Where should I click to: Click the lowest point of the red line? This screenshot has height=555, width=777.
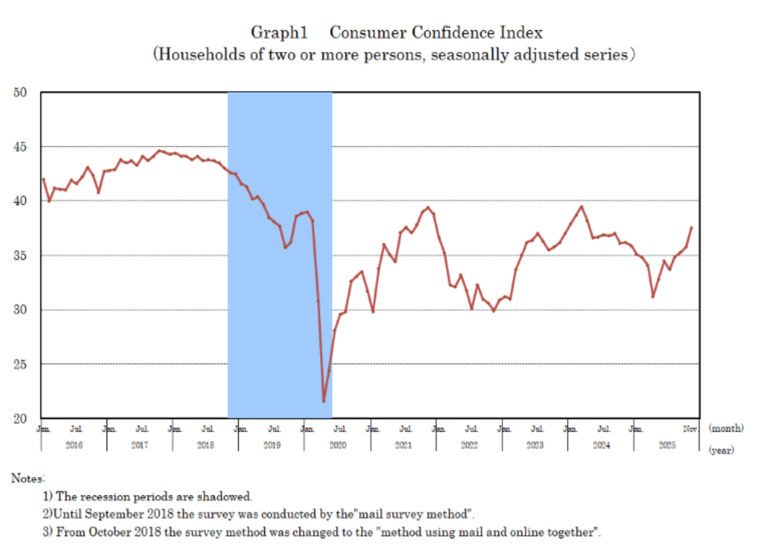[323, 401]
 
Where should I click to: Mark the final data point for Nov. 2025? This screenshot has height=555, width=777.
[691, 228]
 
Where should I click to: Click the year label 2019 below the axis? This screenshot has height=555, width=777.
[271, 446]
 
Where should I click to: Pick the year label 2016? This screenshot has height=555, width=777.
[74, 446]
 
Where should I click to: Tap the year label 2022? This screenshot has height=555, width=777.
[469, 446]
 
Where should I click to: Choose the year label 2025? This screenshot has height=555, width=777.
[667, 446]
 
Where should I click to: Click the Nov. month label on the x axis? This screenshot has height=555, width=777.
[691, 428]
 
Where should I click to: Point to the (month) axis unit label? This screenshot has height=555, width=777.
[725, 428]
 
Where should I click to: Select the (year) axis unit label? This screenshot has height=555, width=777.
[721, 451]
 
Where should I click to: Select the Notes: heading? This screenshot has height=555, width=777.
[27, 478]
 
